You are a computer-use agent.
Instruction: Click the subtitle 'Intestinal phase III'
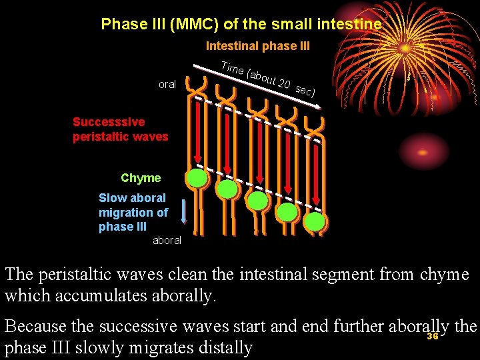coord(257,46)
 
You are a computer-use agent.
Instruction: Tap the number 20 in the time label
coord(284,84)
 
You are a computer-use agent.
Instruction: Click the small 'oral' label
coord(167,85)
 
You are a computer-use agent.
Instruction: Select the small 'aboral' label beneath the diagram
coord(167,240)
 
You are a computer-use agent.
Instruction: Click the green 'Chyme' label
coord(141,178)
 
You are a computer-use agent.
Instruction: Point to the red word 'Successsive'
coord(109,122)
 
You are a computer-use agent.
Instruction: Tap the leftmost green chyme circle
coord(197,178)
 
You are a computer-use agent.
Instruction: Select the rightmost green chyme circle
coord(315,221)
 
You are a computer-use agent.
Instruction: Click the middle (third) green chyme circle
coord(257,200)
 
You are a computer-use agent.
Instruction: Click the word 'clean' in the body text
coord(199,274)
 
